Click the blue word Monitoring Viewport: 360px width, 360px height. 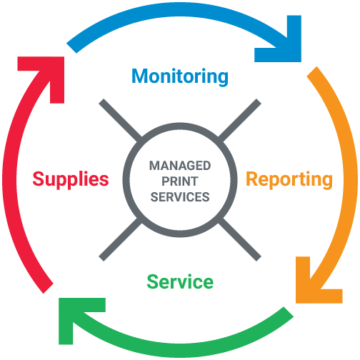click(180, 76)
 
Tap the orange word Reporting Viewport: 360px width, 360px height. click(289, 180)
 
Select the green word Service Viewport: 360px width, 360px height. click(180, 281)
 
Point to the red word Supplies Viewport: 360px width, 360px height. click(71, 180)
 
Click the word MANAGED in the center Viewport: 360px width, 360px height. click(180, 166)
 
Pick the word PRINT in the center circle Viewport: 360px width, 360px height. click(180, 181)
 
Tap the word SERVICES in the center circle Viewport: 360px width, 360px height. click(180, 197)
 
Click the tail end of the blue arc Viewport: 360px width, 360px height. click(71, 49)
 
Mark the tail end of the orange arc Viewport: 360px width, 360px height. click(312, 71)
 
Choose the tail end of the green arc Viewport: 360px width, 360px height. click(289, 312)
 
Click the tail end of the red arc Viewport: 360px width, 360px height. click(48, 289)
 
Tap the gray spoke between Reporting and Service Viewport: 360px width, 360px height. click(240, 239)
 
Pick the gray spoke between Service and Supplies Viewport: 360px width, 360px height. click(121, 239)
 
